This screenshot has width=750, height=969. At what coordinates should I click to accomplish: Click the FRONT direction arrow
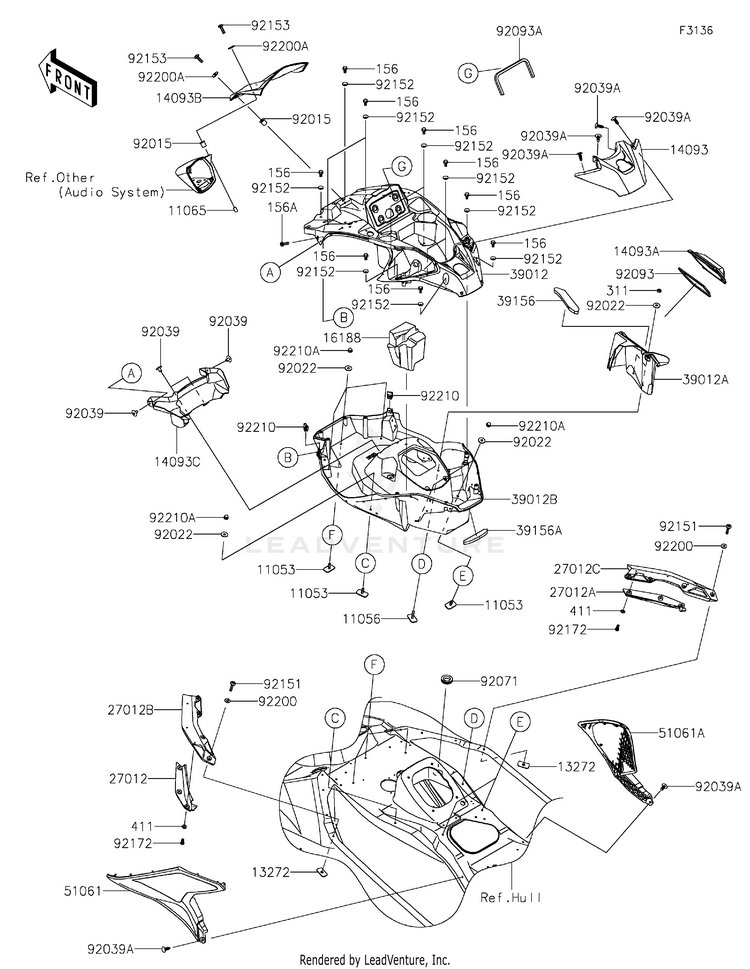[68, 80]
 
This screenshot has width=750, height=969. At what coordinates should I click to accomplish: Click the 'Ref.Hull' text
[511, 897]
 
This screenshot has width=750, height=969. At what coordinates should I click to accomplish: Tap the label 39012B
[533, 497]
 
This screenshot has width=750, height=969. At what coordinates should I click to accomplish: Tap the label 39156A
[537, 531]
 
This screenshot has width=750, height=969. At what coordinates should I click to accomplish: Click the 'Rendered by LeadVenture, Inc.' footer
[374, 959]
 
